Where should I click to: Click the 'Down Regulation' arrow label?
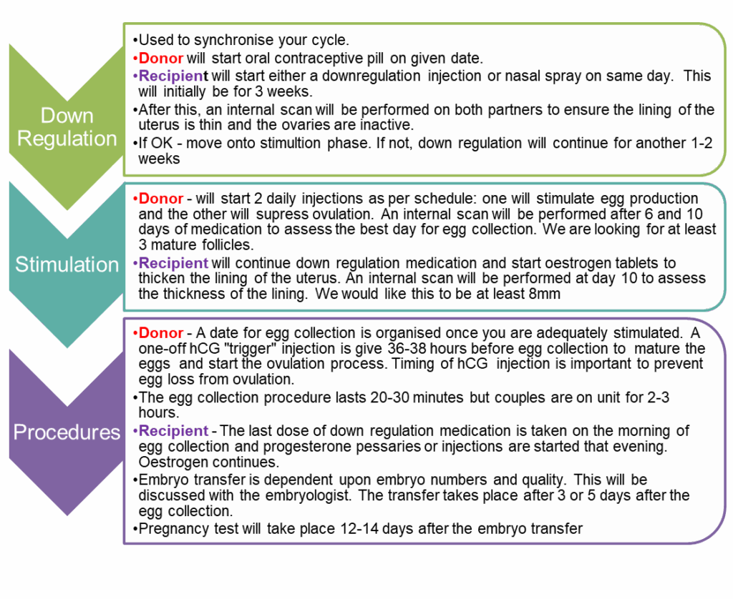tap(67, 127)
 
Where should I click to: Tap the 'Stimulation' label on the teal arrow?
tap(67, 264)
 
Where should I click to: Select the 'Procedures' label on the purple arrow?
tap(67, 432)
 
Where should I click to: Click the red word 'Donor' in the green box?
tap(161, 59)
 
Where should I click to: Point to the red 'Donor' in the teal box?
tap(161, 199)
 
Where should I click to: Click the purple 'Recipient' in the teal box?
tap(173, 263)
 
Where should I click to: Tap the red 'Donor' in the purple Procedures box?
tap(161, 333)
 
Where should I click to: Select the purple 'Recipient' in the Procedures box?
tap(173, 430)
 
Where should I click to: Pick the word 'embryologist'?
tap(308, 495)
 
